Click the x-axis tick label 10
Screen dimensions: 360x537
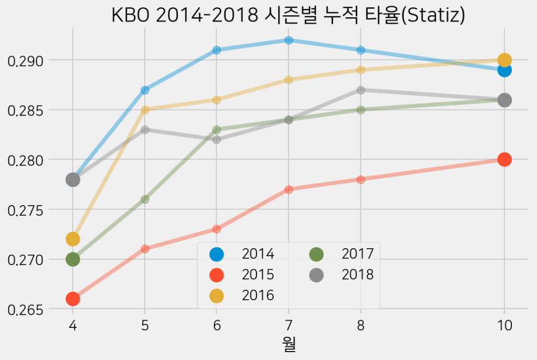tap(504, 326)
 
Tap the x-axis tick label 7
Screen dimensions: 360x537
tap(288, 326)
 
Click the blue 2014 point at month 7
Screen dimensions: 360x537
tap(288, 40)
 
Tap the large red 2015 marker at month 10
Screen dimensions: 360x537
tap(504, 160)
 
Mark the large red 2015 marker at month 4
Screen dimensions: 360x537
tap(72, 299)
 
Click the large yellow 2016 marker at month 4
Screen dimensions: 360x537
tap(72, 239)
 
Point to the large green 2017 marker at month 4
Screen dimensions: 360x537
tap(72, 259)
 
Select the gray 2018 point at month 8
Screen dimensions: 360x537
tap(360, 90)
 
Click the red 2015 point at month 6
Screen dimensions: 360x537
tap(217, 229)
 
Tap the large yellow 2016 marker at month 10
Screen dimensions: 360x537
tap(504, 60)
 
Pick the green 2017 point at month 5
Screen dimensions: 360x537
tap(145, 199)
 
